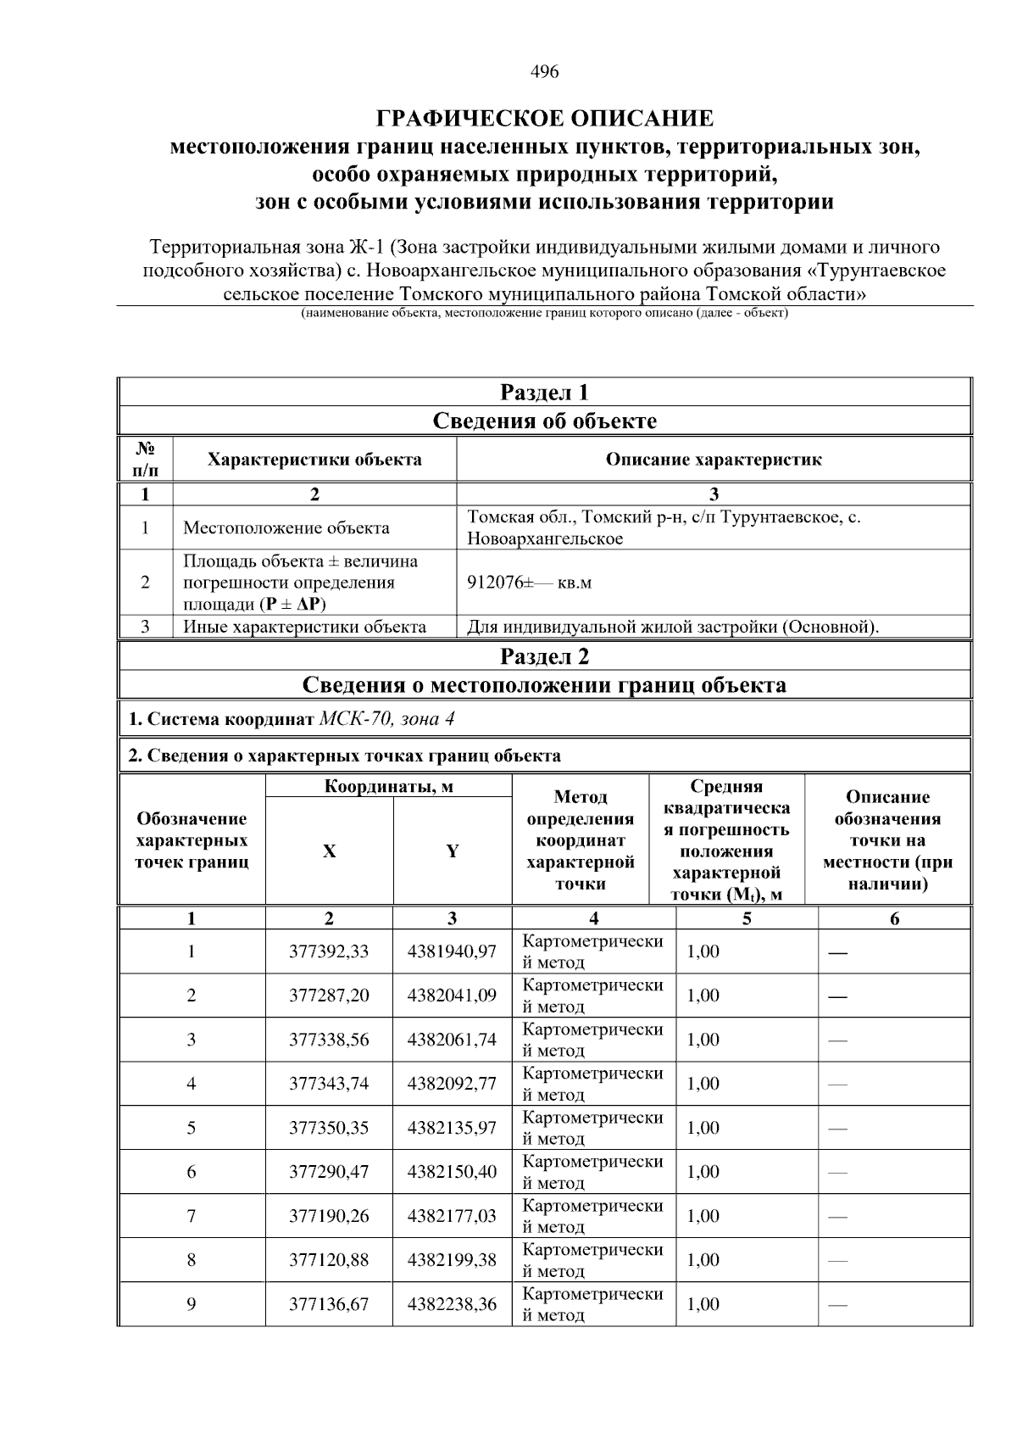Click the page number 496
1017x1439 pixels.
tap(544, 72)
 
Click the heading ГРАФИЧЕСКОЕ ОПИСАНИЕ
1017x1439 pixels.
tap(544, 119)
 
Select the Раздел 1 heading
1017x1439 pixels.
tap(544, 393)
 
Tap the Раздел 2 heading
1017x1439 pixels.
tap(544, 656)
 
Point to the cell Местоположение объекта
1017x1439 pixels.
tap(286, 528)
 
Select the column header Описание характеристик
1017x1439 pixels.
tap(713, 460)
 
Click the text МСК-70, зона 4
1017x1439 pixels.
tap(386, 719)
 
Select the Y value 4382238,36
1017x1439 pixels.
tap(452, 1304)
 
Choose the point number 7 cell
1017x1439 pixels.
tap(192, 1216)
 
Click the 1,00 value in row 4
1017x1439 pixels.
tap(703, 1084)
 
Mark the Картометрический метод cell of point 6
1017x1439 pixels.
tap(592, 1172)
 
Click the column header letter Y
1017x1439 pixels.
tap(453, 851)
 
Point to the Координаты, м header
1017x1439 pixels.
tap(389, 786)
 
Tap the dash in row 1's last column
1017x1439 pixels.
tap(837, 952)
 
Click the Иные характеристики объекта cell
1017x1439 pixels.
tap(304, 627)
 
